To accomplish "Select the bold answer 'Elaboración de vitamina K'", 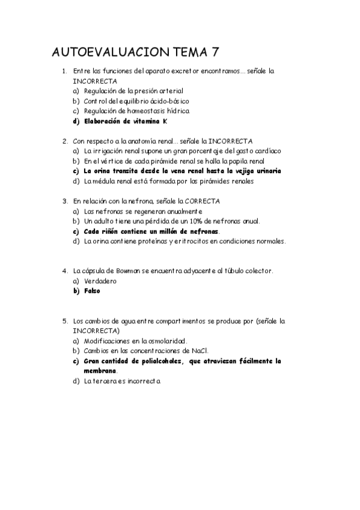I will point(126,121).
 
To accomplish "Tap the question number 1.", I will point(64,71).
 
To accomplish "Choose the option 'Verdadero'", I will point(100,281).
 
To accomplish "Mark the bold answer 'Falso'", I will point(92,291).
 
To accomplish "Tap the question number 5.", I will point(64,321).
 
